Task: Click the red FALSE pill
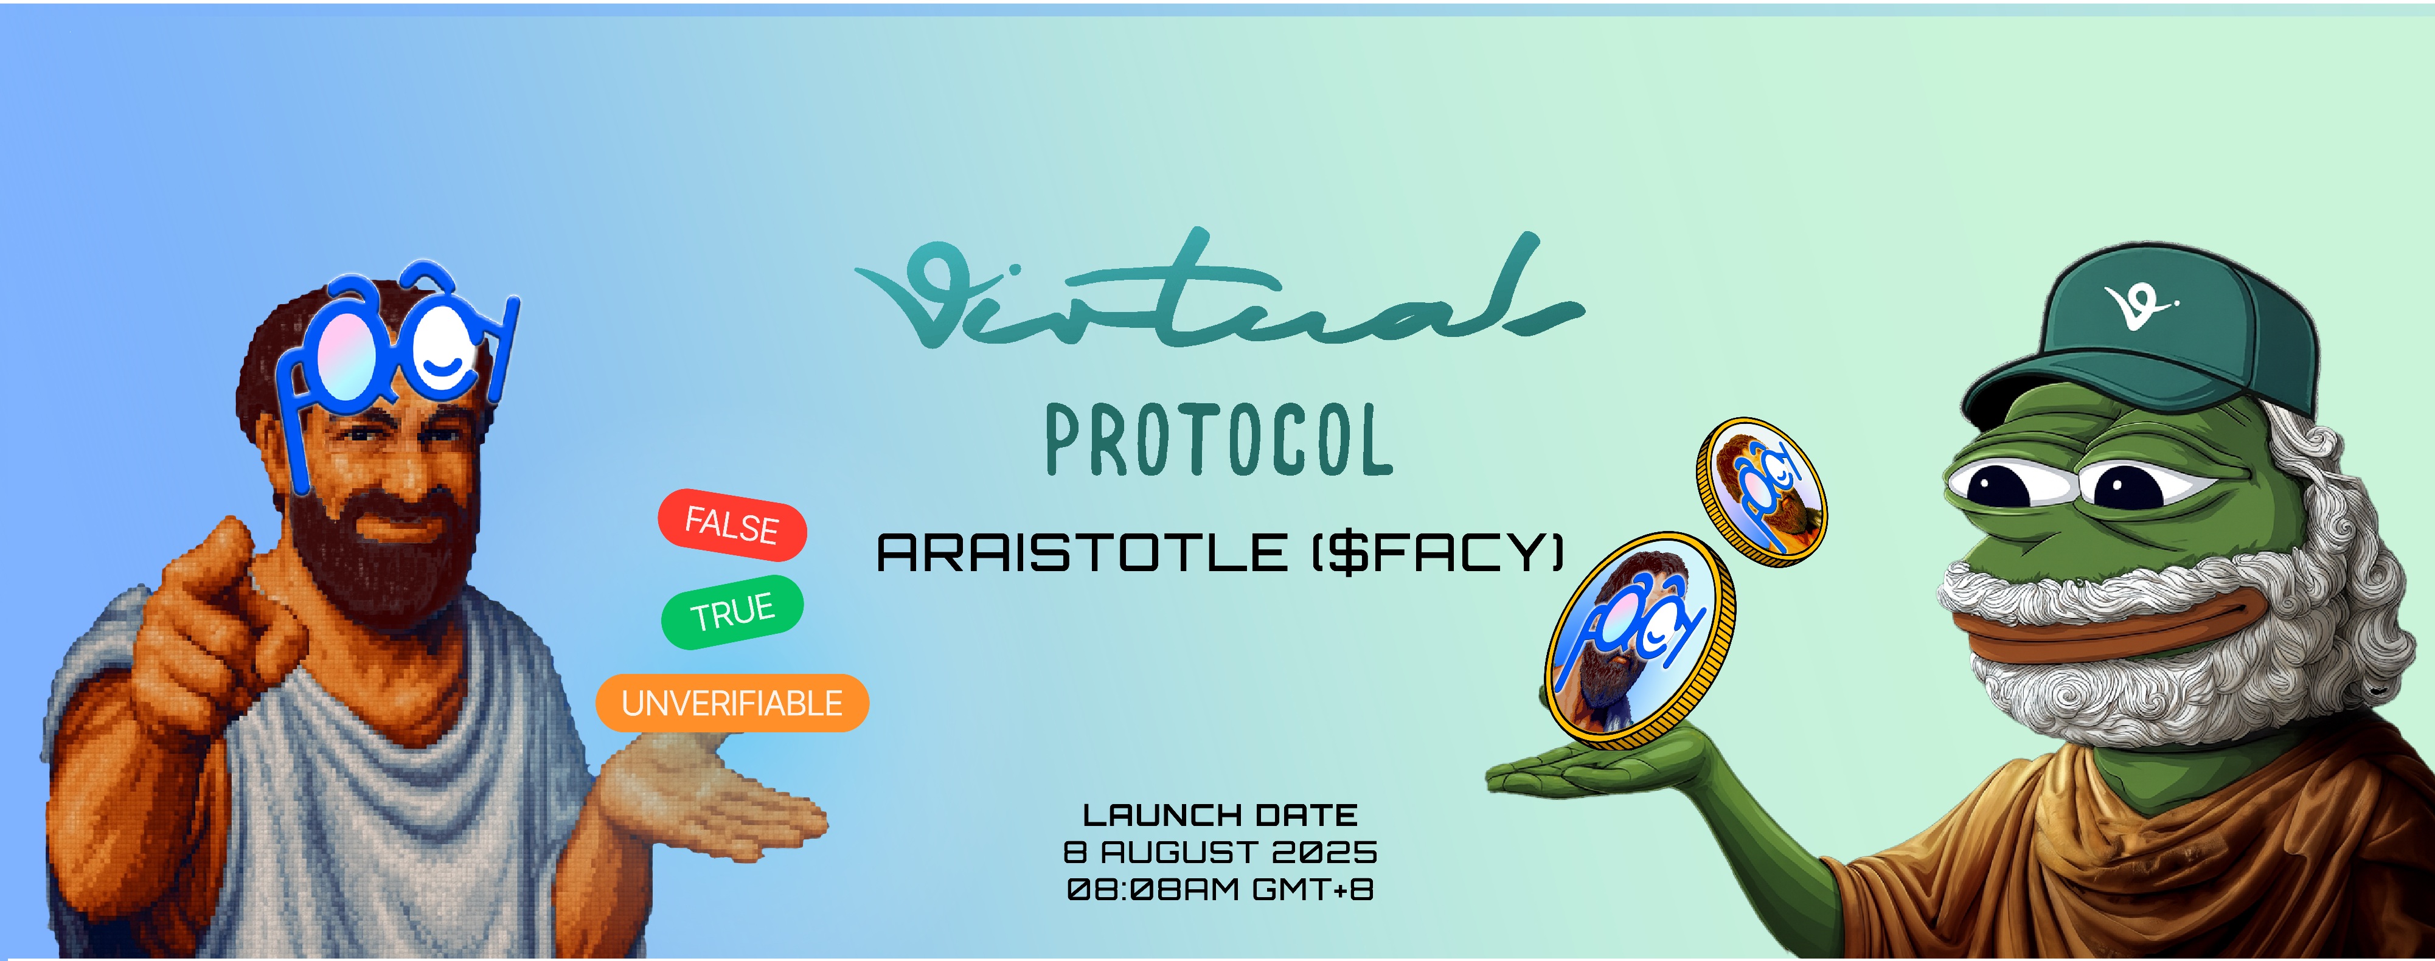(x=732, y=526)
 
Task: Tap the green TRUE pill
(x=732, y=612)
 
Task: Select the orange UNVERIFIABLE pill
(x=732, y=703)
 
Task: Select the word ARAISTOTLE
(x=1082, y=553)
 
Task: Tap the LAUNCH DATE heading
(x=1220, y=814)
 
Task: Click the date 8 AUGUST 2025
(x=1220, y=852)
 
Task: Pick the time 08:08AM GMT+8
(x=1220, y=889)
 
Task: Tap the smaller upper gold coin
(x=1761, y=492)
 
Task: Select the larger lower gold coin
(x=1640, y=640)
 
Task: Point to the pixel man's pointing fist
(x=217, y=605)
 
